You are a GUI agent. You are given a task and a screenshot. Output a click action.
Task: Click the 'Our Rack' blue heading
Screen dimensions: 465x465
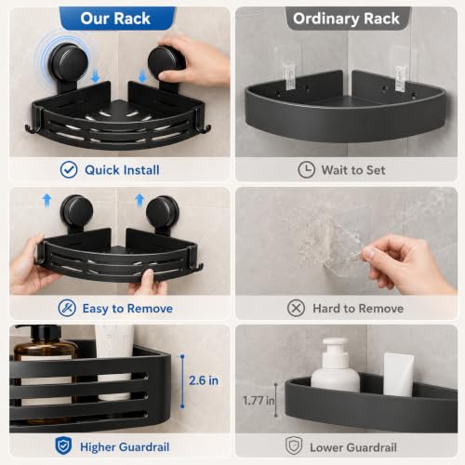(115, 19)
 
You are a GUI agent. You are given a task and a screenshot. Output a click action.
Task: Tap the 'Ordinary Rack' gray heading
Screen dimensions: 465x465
(346, 19)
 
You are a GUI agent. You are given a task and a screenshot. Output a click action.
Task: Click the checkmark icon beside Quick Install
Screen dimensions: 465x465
(69, 169)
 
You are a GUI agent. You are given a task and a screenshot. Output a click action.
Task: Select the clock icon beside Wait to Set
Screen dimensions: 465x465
(306, 169)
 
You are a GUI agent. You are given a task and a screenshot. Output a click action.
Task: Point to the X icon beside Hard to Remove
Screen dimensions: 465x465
(296, 308)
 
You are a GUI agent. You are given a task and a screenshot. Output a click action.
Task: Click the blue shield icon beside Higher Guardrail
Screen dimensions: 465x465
(63, 445)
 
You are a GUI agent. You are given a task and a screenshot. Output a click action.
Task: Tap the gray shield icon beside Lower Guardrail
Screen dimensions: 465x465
(294, 445)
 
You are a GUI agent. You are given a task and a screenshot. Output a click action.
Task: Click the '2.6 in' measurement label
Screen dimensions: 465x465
(204, 380)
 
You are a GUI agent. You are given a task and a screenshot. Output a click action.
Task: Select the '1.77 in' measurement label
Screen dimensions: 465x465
(259, 401)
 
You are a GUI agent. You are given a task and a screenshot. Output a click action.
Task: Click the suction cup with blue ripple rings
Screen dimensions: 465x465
(66, 63)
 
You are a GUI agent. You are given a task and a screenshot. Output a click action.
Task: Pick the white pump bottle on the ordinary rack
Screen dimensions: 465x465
(335, 365)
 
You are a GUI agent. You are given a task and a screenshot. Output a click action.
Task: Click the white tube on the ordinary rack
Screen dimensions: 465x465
(399, 375)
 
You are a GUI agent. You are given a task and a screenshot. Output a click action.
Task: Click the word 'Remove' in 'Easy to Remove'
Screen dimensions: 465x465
(150, 309)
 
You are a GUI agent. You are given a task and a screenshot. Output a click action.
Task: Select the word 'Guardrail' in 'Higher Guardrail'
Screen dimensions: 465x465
(144, 447)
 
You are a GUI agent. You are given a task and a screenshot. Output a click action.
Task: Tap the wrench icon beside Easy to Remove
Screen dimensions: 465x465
(67, 308)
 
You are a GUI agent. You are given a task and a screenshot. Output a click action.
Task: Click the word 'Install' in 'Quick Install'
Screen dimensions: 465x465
(141, 170)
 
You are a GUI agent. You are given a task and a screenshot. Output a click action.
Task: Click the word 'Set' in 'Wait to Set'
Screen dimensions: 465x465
(376, 170)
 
